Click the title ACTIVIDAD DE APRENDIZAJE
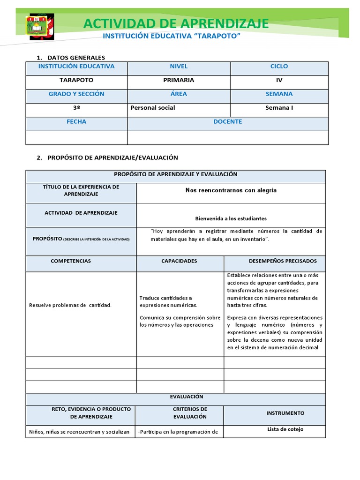point(176,23)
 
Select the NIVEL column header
point(179,67)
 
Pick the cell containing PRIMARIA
point(179,80)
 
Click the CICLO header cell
point(279,67)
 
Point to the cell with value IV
point(279,80)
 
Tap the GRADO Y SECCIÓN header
point(76,94)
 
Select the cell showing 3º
point(76,108)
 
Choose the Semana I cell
point(279,108)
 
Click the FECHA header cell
point(76,121)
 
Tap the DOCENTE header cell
point(228,121)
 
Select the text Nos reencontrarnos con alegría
point(231,190)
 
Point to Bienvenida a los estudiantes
point(231,218)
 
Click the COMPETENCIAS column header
point(71,261)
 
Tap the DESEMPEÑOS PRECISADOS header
point(283,261)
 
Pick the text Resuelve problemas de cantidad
point(70,306)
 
